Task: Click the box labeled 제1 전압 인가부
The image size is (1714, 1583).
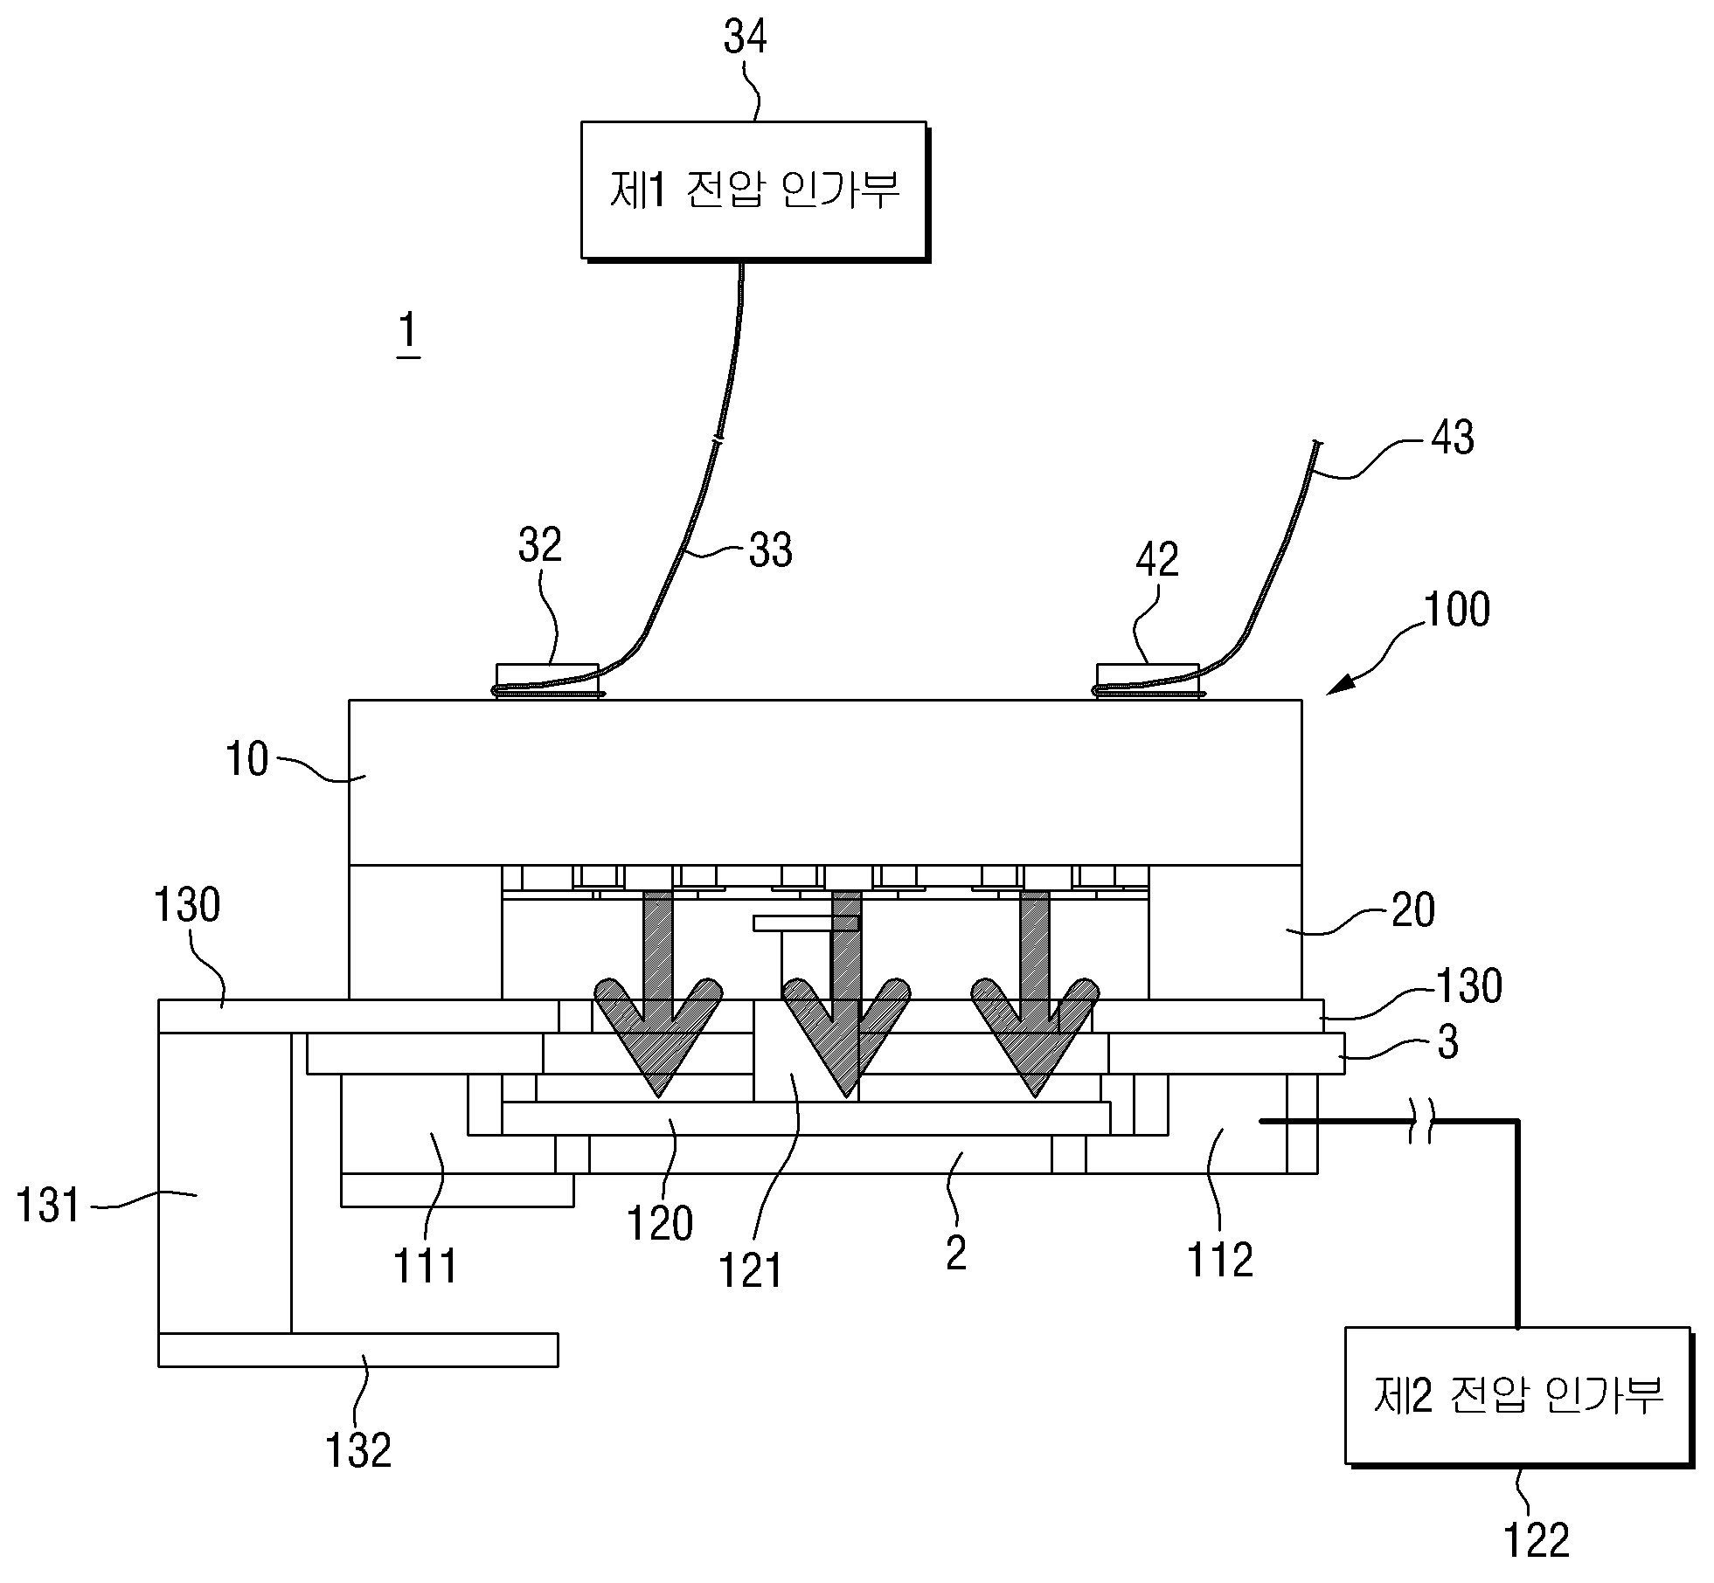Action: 753,190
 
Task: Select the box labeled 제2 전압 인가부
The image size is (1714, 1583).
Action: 1517,1396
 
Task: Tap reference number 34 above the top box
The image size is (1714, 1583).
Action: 746,38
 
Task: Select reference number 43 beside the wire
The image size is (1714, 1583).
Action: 1452,437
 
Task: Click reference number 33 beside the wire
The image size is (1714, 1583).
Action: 770,550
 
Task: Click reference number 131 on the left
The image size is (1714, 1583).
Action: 49,1206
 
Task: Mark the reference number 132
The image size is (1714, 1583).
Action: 358,1450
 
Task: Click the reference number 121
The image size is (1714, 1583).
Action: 750,1271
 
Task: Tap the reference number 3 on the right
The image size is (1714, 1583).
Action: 1447,1042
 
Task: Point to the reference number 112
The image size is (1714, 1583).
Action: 1220,1260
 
